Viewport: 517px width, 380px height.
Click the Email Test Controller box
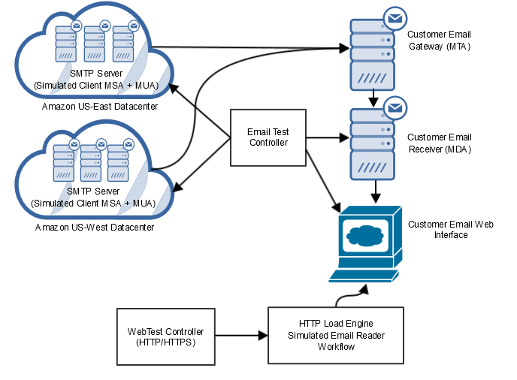click(x=268, y=137)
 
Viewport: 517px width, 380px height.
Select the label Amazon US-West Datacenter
click(x=95, y=226)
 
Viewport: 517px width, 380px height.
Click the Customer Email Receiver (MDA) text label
click(x=440, y=143)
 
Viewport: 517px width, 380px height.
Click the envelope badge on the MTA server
click(x=395, y=18)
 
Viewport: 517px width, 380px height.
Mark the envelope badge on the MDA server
click(x=395, y=108)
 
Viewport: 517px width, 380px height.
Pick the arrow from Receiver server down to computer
click(x=373, y=192)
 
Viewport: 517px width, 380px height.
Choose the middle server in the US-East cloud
click(x=94, y=44)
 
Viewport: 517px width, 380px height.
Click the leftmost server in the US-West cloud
click(x=63, y=162)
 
